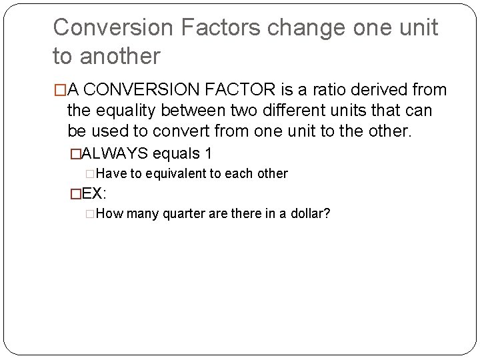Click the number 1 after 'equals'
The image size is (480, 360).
[x=209, y=153]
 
